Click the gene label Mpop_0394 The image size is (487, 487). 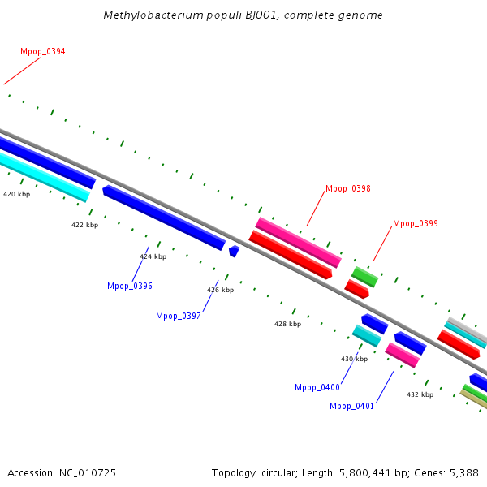(43, 52)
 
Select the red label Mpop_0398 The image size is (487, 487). (348, 189)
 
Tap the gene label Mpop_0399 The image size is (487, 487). (416, 224)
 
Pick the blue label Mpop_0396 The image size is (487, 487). (130, 287)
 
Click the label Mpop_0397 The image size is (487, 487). (179, 317)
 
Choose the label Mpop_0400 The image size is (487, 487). (317, 388)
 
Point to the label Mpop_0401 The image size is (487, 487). (352, 407)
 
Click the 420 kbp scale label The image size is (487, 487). (17, 195)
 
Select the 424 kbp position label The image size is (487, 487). (153, 257)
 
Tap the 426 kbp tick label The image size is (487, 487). (220, 291)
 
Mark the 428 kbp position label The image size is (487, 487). (287, 325)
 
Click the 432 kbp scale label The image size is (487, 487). (420, 395)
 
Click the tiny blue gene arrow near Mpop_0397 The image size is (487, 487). (234, 252)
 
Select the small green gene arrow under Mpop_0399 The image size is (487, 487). (364, 276)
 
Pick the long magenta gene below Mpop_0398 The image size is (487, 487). (298, 242)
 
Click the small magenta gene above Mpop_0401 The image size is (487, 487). (402, 355)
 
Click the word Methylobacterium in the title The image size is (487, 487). (144, 15)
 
